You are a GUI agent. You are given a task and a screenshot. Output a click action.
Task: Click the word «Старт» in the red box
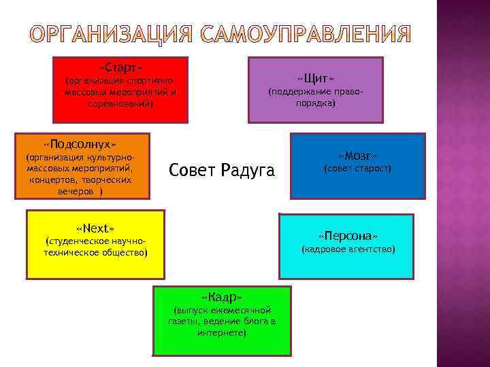click(x=121, y=69)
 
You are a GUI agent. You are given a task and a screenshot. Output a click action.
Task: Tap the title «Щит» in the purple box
click(x=316, y=77)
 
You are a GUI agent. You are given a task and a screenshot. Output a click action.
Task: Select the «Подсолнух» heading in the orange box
click(x=80, y=145)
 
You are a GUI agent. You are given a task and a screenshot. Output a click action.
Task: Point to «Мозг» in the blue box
click(x=357, y=154)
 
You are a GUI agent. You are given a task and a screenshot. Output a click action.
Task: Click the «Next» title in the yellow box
click(x=95, y=226)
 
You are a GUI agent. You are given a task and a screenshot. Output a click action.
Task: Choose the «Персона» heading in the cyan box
click(x=348, y=235)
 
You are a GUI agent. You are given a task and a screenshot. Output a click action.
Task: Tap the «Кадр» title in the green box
click(x=222, y=297)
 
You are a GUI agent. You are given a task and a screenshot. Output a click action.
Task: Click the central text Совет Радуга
click(x=221, y=169)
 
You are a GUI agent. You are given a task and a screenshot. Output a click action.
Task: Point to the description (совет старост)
click(x=357, y=168)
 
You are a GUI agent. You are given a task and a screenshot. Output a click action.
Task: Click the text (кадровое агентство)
click(x=348, y=249)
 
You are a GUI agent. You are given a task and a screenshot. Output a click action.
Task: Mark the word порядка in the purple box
click(x=315, y=103)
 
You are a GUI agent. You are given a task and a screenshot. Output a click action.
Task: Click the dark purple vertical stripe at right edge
click(x=463, y=183)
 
